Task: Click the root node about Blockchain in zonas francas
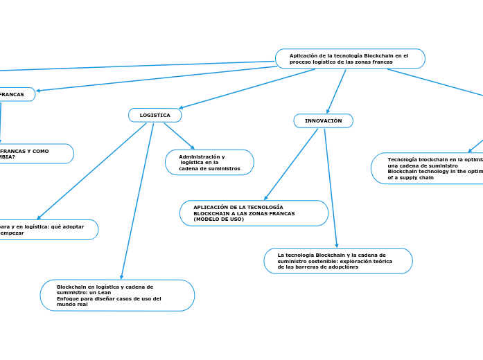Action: (350, 59)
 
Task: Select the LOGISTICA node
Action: (155, 115)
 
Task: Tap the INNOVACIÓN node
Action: (324, 120)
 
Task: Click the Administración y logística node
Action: (209, 163)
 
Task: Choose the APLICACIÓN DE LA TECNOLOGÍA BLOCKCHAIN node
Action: (254, 213)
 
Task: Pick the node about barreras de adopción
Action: (338, 261)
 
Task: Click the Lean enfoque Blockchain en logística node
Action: (117, 296)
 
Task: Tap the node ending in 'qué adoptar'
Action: (49, 229)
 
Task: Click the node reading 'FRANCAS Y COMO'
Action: (35, 154)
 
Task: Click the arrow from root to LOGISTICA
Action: (246, 89)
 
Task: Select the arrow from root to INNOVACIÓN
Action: (337, 91)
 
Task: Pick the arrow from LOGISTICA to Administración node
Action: (179, 136)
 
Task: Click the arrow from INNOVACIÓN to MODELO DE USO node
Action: (291, 164)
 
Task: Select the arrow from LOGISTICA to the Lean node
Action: (137, 201)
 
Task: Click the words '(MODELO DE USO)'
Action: (218, 219)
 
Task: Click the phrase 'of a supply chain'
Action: (410, 178)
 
